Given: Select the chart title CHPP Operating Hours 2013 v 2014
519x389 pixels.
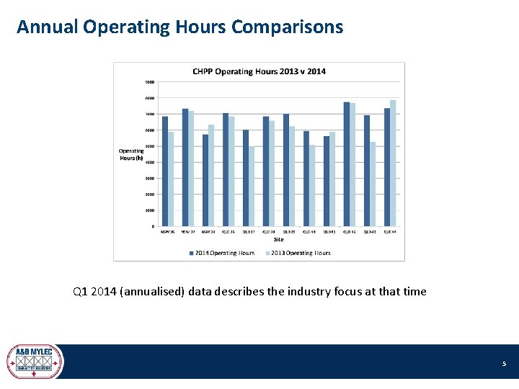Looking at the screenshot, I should coord(259,71).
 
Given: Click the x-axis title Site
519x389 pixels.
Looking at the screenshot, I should coord(278,240).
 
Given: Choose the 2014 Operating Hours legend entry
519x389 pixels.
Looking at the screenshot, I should coord(223,253).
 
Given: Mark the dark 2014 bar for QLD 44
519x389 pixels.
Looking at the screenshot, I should coord(387,167).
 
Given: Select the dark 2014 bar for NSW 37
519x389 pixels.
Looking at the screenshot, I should coord(185,167).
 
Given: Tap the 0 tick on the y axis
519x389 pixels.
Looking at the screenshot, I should coord(153,227).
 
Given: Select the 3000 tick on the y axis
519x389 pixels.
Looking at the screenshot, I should coord(150,178).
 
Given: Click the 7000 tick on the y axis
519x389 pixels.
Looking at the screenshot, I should coord(150,114).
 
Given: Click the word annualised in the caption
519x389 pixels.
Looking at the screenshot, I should coord(154,292).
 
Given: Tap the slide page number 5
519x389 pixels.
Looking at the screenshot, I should coord(505,365).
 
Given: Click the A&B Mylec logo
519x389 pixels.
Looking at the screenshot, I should coord(35,361).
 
